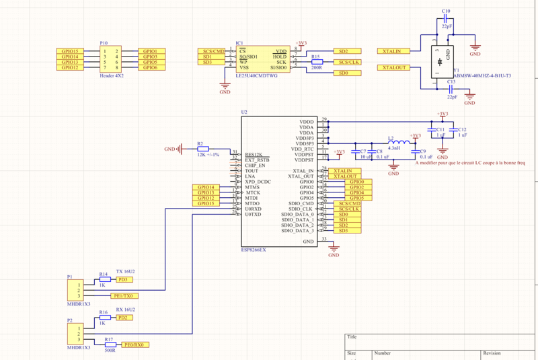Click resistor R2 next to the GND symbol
click(203, 149)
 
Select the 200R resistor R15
click(317, 62)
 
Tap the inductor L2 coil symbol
click(399, 143)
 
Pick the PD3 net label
click(122, 279)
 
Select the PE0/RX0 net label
click(134, 345)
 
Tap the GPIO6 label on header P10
click(150, 67)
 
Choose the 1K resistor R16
click(104, 318)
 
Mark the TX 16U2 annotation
click(126, 271)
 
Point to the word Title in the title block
click(352, 337)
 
